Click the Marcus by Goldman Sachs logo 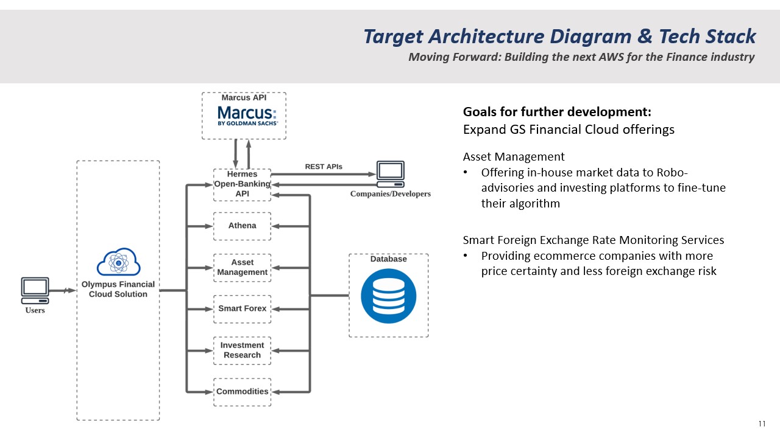click(x=247, y=116)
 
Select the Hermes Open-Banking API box click(x=242, y=184)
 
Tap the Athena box click(x=242, y=226)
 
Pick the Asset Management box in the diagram click(x=242, y=268)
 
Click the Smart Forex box click(x=242, y=309)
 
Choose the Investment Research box click(x=242, y=350)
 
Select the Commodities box click(x=242, y=392)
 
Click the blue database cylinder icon click(x=388, y=296)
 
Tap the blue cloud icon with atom click(x=118, y=262)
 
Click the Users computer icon click(x=35, y=291)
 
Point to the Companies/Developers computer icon click(x=390, y=174)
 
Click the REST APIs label click(x=324, y=167)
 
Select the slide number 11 click(x=762, y=424)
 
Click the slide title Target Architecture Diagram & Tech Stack click(x=559, y=36)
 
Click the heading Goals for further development click(x=557, y=112)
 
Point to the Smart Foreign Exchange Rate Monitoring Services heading click(x=593, y=240)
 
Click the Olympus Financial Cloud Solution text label click(x=118, y=290)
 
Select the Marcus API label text click(x=244, y=97)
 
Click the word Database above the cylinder click(x=388, y=259)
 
